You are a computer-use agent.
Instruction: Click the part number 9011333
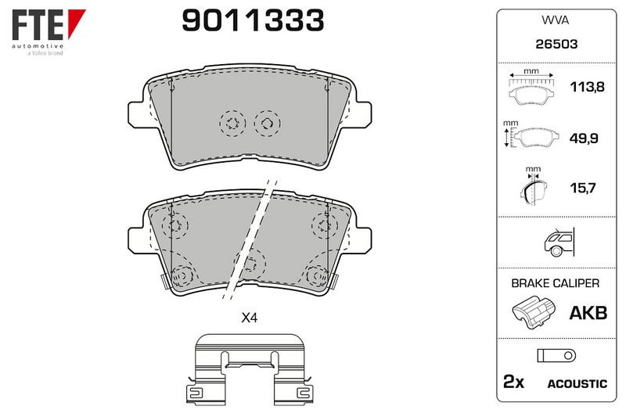pyautogui.click(x=253, y=20)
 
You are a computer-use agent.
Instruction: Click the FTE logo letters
pyautogui.click(x=38, y=25)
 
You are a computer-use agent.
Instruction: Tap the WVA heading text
pyautogui.click(x=555, y=20)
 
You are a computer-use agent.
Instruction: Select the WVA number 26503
pyautogui.click(x=556, y=44)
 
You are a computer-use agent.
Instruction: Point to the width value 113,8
pyautogui.click(x=587, y=87)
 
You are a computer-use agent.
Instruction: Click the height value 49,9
pyautogui.click(x=583, y=138)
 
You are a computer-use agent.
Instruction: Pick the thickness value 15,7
pyautogui.click(x=583, y=188)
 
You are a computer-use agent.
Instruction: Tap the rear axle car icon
pyautogui.click(x=559, y=243)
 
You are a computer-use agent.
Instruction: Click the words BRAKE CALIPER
pyautogui.click(x=555, y=283)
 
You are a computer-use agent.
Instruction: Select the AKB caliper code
pyautogui.click(x=588, y=313)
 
